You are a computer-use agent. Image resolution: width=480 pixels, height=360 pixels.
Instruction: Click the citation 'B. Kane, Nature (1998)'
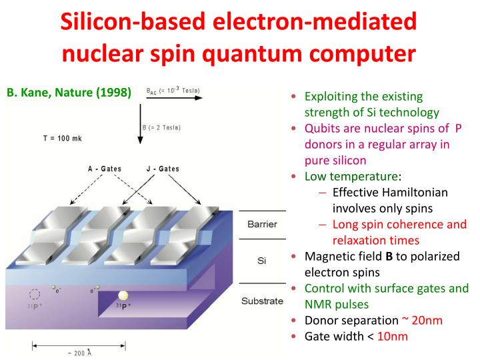(x=69, y=93)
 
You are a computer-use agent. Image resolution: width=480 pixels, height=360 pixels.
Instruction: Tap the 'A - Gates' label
(x=105, y=169)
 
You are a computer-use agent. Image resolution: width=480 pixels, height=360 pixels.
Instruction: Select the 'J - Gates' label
(x=163, y=169)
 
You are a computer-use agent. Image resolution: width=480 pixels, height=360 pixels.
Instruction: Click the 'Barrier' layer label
(x=262, y=223)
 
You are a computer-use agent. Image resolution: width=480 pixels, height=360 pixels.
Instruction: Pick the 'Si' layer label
(x=261, y=261)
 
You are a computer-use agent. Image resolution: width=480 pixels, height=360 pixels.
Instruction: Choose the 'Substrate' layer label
(x=262, y=301)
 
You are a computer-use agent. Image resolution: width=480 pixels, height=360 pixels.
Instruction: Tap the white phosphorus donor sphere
(x=123, y=295)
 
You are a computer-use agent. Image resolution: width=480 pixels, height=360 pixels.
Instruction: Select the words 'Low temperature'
(x=351, y=176)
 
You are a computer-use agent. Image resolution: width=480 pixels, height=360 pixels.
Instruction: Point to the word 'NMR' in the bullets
(x=318, y=304)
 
